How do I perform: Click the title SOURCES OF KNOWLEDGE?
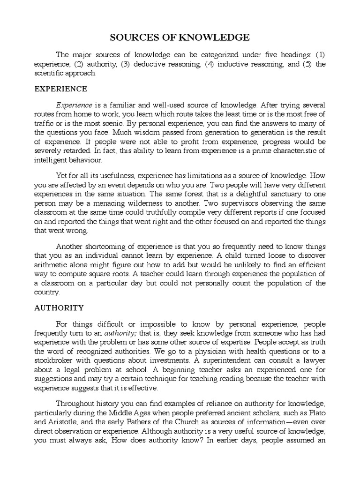click(x=180, y=37)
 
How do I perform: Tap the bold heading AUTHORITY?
click(x=59, y=308)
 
